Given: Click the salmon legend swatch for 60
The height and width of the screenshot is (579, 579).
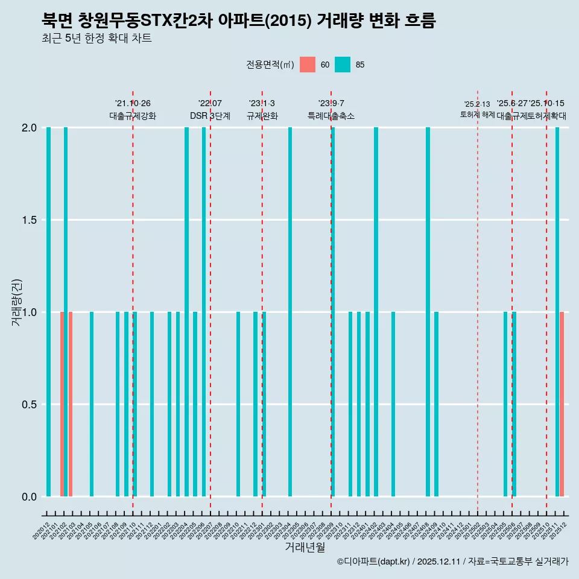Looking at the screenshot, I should [308, 65].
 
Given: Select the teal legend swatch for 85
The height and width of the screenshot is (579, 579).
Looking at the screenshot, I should [343, 65].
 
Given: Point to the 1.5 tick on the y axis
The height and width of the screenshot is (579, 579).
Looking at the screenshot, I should [28, 220].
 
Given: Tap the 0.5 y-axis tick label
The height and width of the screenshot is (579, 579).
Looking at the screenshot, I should [28, 405].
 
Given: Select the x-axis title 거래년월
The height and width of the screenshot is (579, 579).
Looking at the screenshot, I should [305, 548].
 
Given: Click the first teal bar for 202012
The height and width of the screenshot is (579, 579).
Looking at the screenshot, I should [48, 312].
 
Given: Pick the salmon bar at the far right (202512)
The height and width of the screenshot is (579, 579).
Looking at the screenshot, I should [562, 404].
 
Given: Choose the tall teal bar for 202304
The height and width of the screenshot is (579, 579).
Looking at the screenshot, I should [290, 312].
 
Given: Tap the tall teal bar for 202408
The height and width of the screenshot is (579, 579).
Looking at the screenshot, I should [428, 312].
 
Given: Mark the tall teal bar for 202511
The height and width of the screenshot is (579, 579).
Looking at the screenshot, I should [557, 312].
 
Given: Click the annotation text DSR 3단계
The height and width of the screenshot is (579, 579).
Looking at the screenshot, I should [210, 116].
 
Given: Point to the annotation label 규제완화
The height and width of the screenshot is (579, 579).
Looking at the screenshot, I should [262, 116].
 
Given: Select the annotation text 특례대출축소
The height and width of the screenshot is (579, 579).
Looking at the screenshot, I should [331, 116].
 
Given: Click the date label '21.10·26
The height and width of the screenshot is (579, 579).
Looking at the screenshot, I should [133, 104].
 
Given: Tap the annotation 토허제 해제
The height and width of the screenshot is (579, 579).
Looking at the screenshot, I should [477, 115].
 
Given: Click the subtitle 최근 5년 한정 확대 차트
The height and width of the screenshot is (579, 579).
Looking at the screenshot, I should [96, 39].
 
